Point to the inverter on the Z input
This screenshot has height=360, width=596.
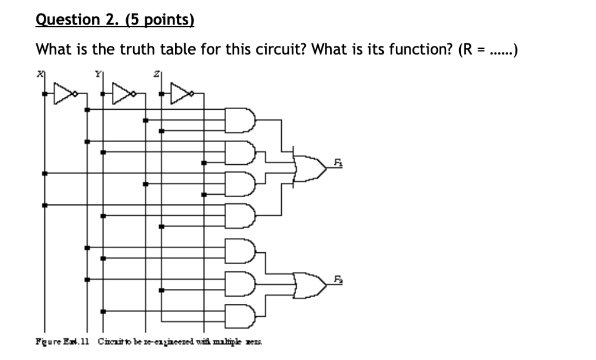pyautogui.click(x=183, y=94)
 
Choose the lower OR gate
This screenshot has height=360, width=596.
pyautogui.click(x=310, y=284)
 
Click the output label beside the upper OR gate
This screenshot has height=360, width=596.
pyautogui.click(x=338, y=163)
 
